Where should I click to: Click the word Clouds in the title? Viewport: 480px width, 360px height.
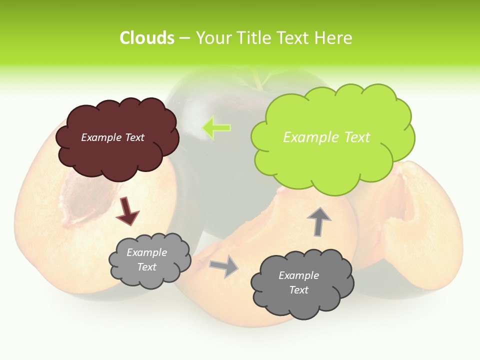(x=147, y=38)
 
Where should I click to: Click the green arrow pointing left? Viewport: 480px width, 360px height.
(x=216, y=127)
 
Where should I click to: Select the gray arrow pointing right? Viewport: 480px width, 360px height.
(x=224, y=265)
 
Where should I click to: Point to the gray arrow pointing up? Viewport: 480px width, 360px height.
(x=318, y=221)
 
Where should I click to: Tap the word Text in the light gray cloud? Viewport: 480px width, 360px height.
(x=147, y=267)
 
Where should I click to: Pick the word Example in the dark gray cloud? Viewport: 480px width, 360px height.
(x=298, y=275)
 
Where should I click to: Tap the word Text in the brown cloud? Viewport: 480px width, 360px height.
(x=134, y=137)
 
